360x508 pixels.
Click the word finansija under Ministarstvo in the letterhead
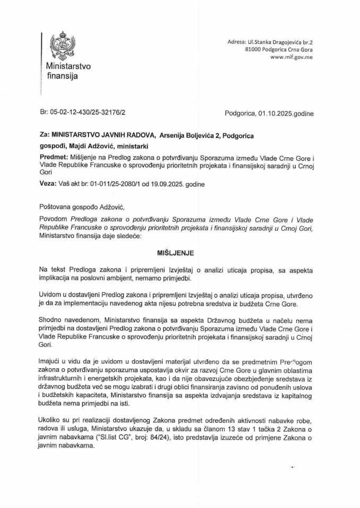point(63,77)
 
